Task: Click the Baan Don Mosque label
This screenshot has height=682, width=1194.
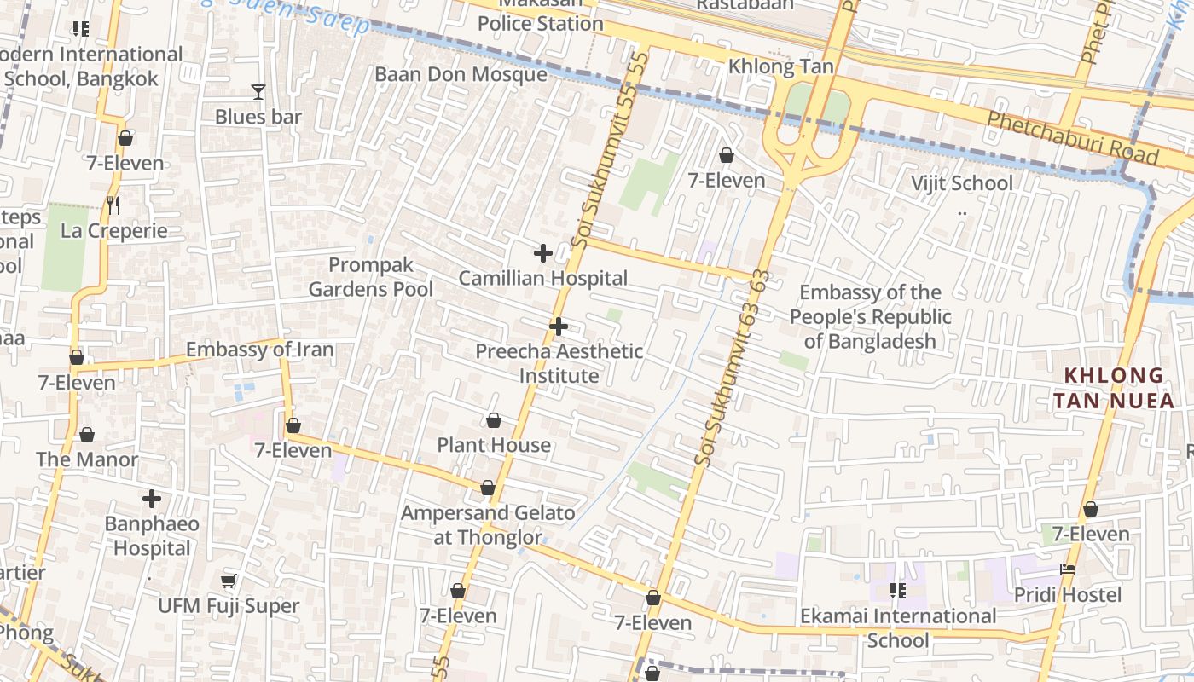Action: [x=461, y=74]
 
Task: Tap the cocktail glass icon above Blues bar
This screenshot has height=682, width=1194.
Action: [x=258, y=91]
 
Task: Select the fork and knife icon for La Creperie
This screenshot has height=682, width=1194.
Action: [x=113, y=205]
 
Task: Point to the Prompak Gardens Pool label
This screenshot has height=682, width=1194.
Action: [x=371, y=277]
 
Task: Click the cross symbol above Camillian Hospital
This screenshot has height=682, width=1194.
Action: [x=542, y=253]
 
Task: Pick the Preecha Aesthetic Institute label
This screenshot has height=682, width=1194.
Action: [x=559, y=363]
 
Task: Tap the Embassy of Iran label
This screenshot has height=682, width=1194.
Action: [x=259, y=350]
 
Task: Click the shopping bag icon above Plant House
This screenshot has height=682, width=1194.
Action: [x=493, y=420]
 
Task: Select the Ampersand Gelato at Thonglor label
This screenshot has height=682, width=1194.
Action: [x=488, y=525]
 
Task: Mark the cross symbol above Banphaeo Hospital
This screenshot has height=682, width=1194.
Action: [x=152, y=499]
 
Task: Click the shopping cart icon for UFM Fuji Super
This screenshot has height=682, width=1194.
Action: [x=228, y=581]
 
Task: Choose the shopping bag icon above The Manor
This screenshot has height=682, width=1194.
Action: [x=86, y=436]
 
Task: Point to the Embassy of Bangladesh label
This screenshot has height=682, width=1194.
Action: [x=870, y=317]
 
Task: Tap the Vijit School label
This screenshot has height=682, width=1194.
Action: [x=961, y=183]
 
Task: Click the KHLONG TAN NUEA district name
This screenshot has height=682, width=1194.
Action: [x=1113, y=388]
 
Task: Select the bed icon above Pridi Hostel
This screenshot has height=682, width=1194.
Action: [x=1067, y=569]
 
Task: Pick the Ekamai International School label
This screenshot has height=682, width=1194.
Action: [x=898, y=627]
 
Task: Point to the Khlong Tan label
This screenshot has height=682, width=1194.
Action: [x=780, y=66]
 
